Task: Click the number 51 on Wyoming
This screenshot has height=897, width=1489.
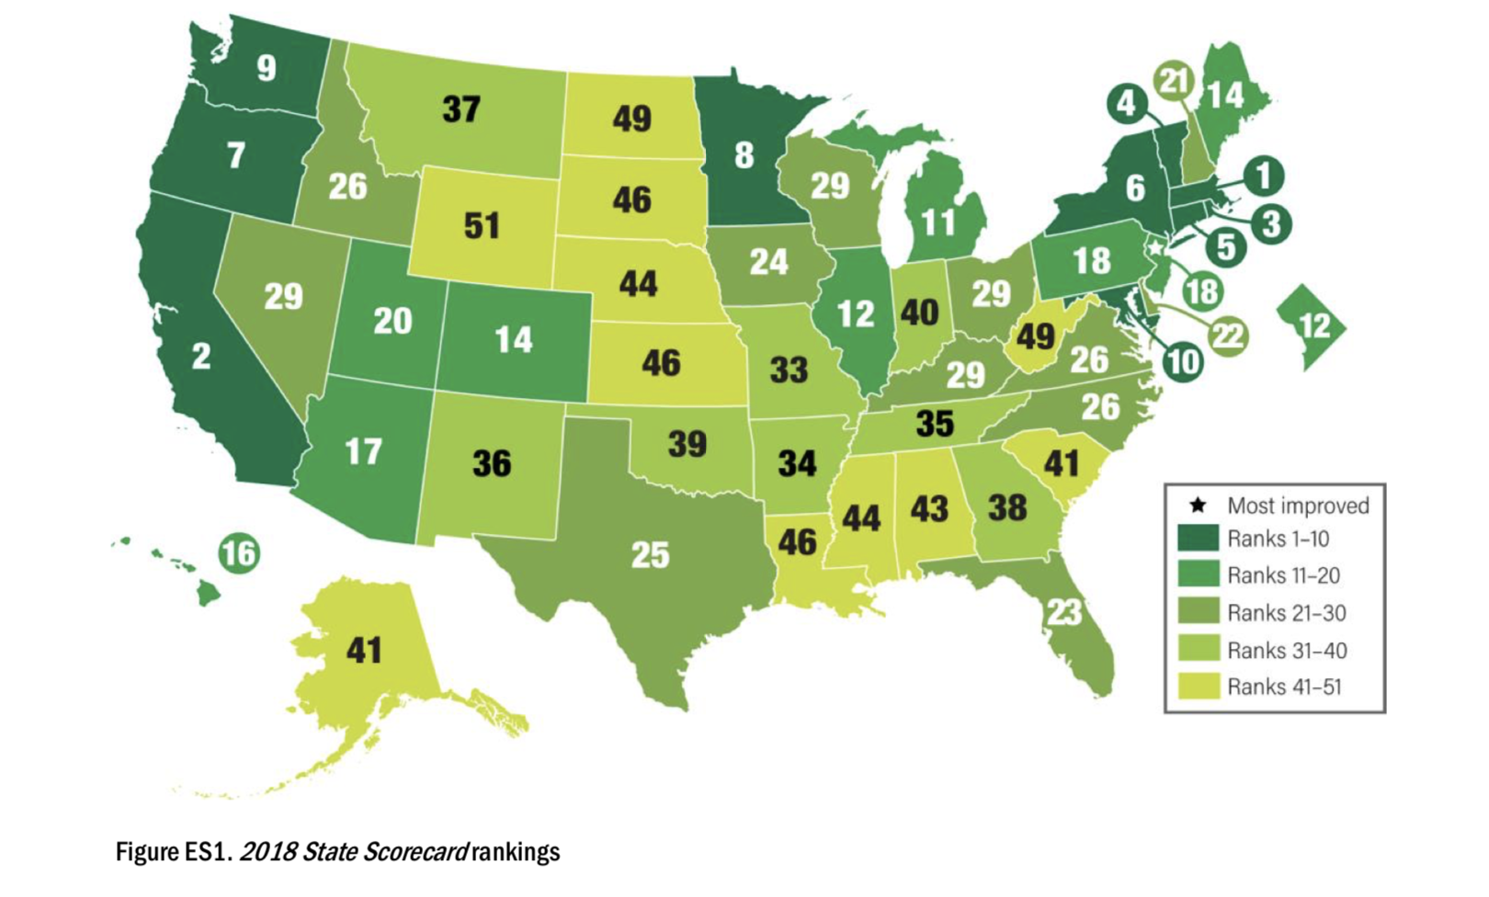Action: pos(482,225)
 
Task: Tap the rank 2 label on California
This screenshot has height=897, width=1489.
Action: pos(201,356)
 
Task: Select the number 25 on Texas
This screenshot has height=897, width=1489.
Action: pos(650,555)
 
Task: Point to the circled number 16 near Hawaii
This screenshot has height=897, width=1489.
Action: pos(239,553)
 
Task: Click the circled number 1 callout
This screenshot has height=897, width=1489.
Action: pos(1265,176)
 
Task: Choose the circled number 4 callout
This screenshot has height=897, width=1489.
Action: pos(1127,104)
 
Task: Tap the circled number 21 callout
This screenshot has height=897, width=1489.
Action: pos(1174,82)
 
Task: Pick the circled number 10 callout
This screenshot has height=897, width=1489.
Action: pos(1183,361)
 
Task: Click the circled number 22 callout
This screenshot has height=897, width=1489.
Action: pos(1229,336)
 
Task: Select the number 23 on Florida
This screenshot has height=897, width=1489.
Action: pos(1064,612)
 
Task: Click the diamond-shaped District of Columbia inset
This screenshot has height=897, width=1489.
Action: pos(1312,326)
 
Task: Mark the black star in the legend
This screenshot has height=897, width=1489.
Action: pos(1198,505)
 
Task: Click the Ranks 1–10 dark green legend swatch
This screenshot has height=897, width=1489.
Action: pos(1198,538)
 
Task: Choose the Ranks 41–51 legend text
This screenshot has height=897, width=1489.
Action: pos(1284,687)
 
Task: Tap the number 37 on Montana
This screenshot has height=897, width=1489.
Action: pos(461,109)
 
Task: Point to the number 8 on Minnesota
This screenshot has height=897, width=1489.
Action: pos(744,155)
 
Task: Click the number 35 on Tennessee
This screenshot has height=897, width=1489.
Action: pos(935,424)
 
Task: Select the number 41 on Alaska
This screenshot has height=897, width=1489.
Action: pos(364,651)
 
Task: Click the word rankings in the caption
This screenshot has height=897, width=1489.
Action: pos(516,852)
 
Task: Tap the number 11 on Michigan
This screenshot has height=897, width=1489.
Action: pos(938,222)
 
